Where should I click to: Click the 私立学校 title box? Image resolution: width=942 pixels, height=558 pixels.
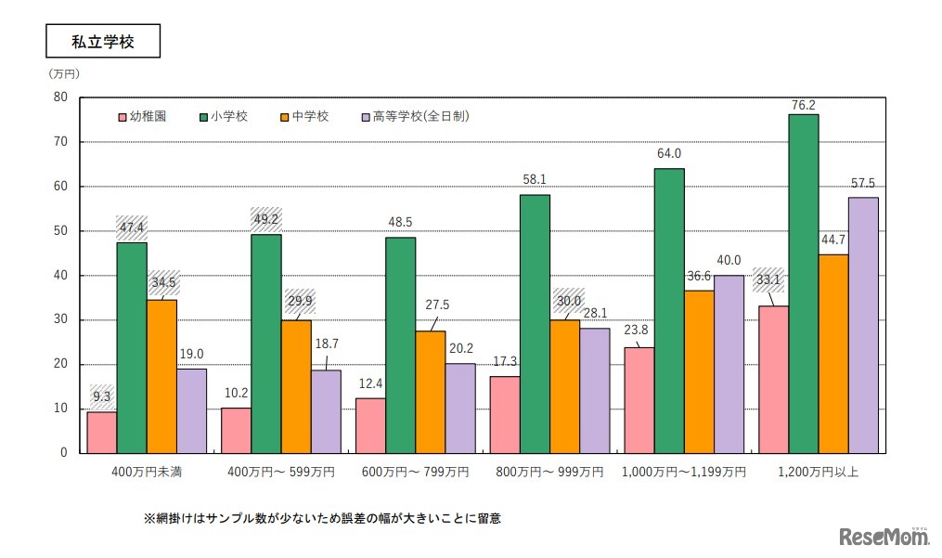pyautogui.click(x=103, y=42)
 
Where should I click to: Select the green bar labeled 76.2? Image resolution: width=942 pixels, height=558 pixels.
pyautogui.click(x=803, y=283)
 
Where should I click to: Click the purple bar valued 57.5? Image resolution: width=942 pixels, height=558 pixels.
pyautogui.click(x=862, y=325)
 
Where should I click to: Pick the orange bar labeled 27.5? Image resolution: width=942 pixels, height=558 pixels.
pyautogui.click(x=430, y=391)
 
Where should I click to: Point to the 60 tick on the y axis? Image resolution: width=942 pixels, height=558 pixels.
pyautogui.click(x=61, y=187)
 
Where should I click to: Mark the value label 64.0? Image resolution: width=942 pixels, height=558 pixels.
pyautogui.click(x=670, y=154)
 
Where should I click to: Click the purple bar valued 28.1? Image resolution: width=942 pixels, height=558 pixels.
pyautogui.click(x=594, y=390)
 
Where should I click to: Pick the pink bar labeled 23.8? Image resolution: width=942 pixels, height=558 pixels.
pyautogui.click(x=639, y=399)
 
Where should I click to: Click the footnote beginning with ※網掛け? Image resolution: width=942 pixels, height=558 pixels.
pyautogui.click(x=322, y=518)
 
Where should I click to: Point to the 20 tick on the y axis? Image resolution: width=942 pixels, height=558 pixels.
pyautogui.click(x=61, y=364)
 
